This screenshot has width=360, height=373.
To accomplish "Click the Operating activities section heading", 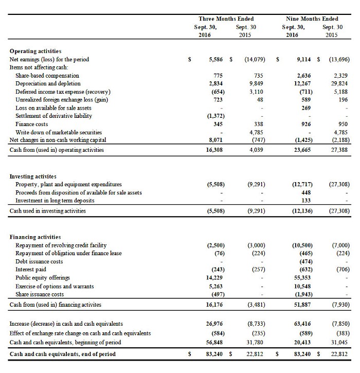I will coord(35,51).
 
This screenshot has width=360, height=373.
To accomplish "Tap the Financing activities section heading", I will coord(35,237).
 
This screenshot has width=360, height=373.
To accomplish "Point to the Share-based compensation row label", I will coord(47,76).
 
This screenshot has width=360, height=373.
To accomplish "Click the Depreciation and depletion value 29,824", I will coord(340,83).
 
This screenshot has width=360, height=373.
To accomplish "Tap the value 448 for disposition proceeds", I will coord(306,192).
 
